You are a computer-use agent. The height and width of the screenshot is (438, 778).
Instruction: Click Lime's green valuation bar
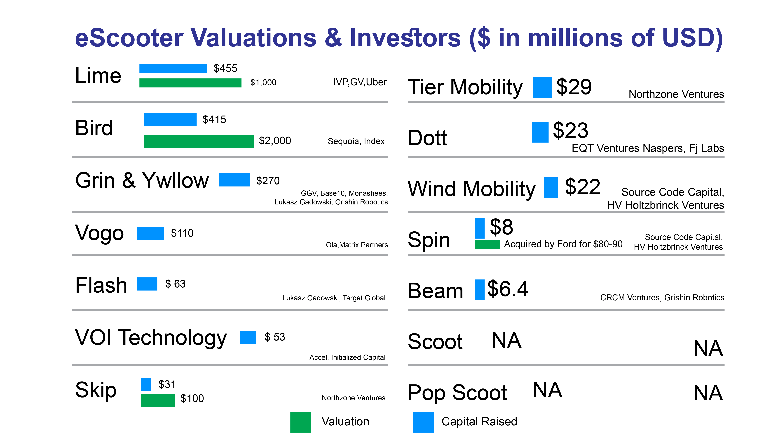click(x=190, y=83)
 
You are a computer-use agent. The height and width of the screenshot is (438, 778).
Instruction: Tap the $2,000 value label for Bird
click(x=275, y=141)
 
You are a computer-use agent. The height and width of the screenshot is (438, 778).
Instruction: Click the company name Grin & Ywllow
click(x=142, y=181)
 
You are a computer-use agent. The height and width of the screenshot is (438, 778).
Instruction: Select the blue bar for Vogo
click(x=150, y=233)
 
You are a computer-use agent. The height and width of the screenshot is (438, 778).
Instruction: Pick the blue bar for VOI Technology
click(x=248, y=337)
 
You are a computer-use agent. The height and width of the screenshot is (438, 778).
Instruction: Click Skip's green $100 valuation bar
click(x=158, y=400)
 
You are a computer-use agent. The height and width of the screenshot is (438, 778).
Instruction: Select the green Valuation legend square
click(x=300, y=422)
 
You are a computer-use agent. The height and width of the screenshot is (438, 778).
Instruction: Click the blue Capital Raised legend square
click(x=423, y=422)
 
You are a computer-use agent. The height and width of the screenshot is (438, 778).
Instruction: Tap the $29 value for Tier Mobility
click(x=574, y=87)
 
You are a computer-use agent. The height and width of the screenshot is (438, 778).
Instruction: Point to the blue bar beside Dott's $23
click(x=540, y=132)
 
